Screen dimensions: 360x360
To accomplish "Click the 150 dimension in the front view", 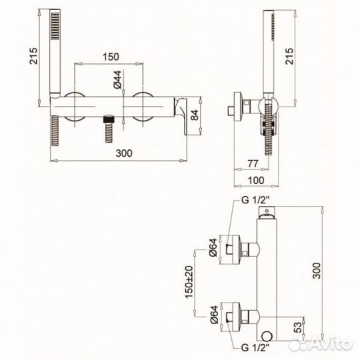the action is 111,57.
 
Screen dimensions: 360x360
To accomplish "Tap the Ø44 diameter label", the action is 117,79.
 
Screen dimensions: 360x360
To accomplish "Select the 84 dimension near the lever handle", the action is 195,115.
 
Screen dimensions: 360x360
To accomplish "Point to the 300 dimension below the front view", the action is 124,153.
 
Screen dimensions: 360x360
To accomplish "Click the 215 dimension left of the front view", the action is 33,56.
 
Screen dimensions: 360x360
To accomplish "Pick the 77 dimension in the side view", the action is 253,163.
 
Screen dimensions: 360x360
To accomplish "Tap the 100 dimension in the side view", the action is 256,181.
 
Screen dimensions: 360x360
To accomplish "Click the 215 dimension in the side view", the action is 289,56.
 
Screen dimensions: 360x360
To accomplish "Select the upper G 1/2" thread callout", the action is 255,200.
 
